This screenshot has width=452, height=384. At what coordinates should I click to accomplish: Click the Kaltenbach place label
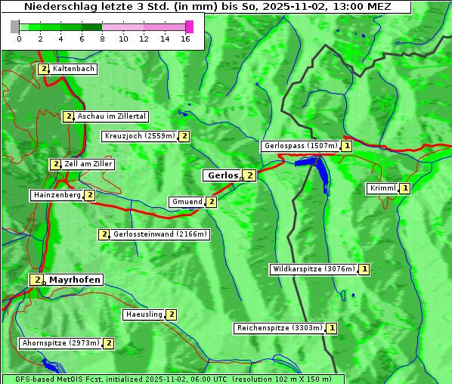[x=73, y=69]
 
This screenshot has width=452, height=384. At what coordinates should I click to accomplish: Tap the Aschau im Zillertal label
[x=111, y=116]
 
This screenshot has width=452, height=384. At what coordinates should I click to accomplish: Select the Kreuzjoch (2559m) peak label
[x=139, y=137]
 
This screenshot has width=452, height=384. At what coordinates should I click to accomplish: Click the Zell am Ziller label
[x=88, y=164]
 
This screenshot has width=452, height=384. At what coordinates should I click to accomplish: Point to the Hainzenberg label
[x=57, y=195]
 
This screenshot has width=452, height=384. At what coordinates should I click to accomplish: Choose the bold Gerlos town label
[x=222, y=175]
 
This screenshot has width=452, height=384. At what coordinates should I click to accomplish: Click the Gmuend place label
[x=187, y=202]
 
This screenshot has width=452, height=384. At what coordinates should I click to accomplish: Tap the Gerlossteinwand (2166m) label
[x=159, y=234]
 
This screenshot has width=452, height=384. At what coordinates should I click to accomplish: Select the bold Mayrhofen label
[x=74, y=280]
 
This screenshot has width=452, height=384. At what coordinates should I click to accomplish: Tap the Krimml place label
[x=383, y=188]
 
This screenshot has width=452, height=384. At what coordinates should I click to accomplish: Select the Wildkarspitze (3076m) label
[x=313, y=269]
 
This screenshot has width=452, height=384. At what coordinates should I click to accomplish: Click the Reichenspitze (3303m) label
[x=280, y=328]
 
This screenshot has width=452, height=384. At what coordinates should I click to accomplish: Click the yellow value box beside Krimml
[x=405, y=188]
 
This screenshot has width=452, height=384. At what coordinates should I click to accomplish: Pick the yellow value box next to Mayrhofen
[x=36, y=280]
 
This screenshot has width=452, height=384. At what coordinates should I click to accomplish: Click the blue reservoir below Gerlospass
[x=321, y=174]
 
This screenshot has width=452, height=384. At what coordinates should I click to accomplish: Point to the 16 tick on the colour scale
[x=185, y=38]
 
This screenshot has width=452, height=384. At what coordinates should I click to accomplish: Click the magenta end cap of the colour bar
[x=189, y=26]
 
